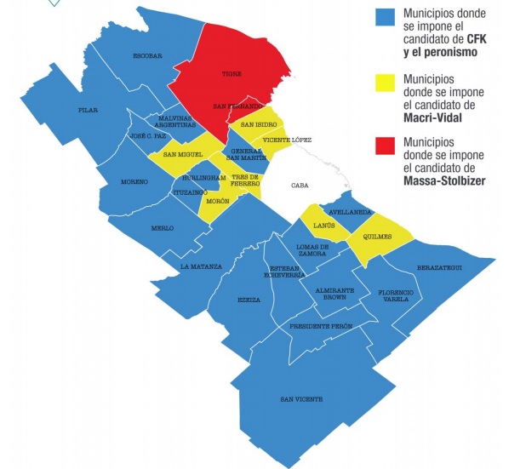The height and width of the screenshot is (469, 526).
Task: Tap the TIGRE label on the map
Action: (x=231, y=74)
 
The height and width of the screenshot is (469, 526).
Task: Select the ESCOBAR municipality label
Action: (x=147, y=56)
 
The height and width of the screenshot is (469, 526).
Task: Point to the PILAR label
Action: (x=88, y=111)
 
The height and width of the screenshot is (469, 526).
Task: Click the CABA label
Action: (x=299, y=185)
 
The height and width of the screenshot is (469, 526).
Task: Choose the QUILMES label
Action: (x=375, y=237)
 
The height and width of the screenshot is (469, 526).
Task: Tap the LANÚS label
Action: (x=323, y=226)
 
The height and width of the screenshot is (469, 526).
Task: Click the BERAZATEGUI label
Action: (x=439, y=268)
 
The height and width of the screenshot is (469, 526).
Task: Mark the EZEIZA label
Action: (x=249, y=300)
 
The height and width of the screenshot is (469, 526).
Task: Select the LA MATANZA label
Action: (x=201, y=266)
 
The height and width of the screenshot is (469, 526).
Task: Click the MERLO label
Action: (x=162, y=228)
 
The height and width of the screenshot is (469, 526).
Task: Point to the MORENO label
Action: (x=134, y=182)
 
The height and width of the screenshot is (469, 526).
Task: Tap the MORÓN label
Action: (x=218, y=200)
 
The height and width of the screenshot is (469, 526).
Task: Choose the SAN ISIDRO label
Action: (x=259, y=125)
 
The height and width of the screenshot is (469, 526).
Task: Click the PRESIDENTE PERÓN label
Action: (x=319, y=327)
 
